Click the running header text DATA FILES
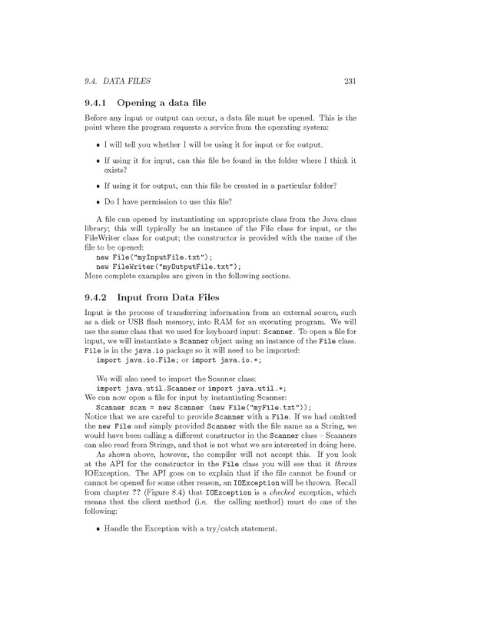click(126, 81)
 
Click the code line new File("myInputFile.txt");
click(153, 257)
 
